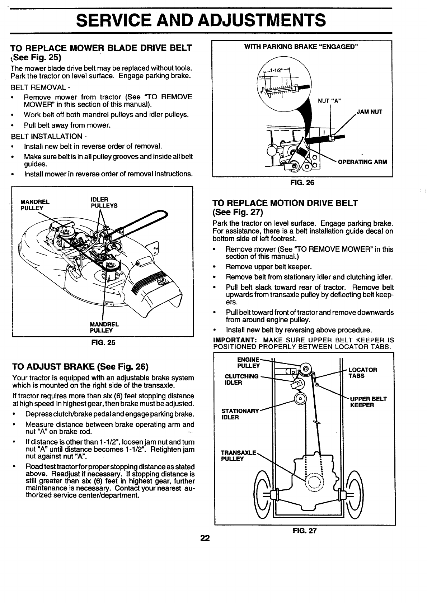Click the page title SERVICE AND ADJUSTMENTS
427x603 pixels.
point(201,20)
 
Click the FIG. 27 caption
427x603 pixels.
point(305,531)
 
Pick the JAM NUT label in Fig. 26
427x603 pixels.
point(370,112)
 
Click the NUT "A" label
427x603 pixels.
point(329,100)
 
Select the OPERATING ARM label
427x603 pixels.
point(362,162)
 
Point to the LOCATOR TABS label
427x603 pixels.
point(362,373)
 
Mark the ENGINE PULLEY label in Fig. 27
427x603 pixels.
point(249,362)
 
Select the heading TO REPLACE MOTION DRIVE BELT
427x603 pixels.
point(285,203)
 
